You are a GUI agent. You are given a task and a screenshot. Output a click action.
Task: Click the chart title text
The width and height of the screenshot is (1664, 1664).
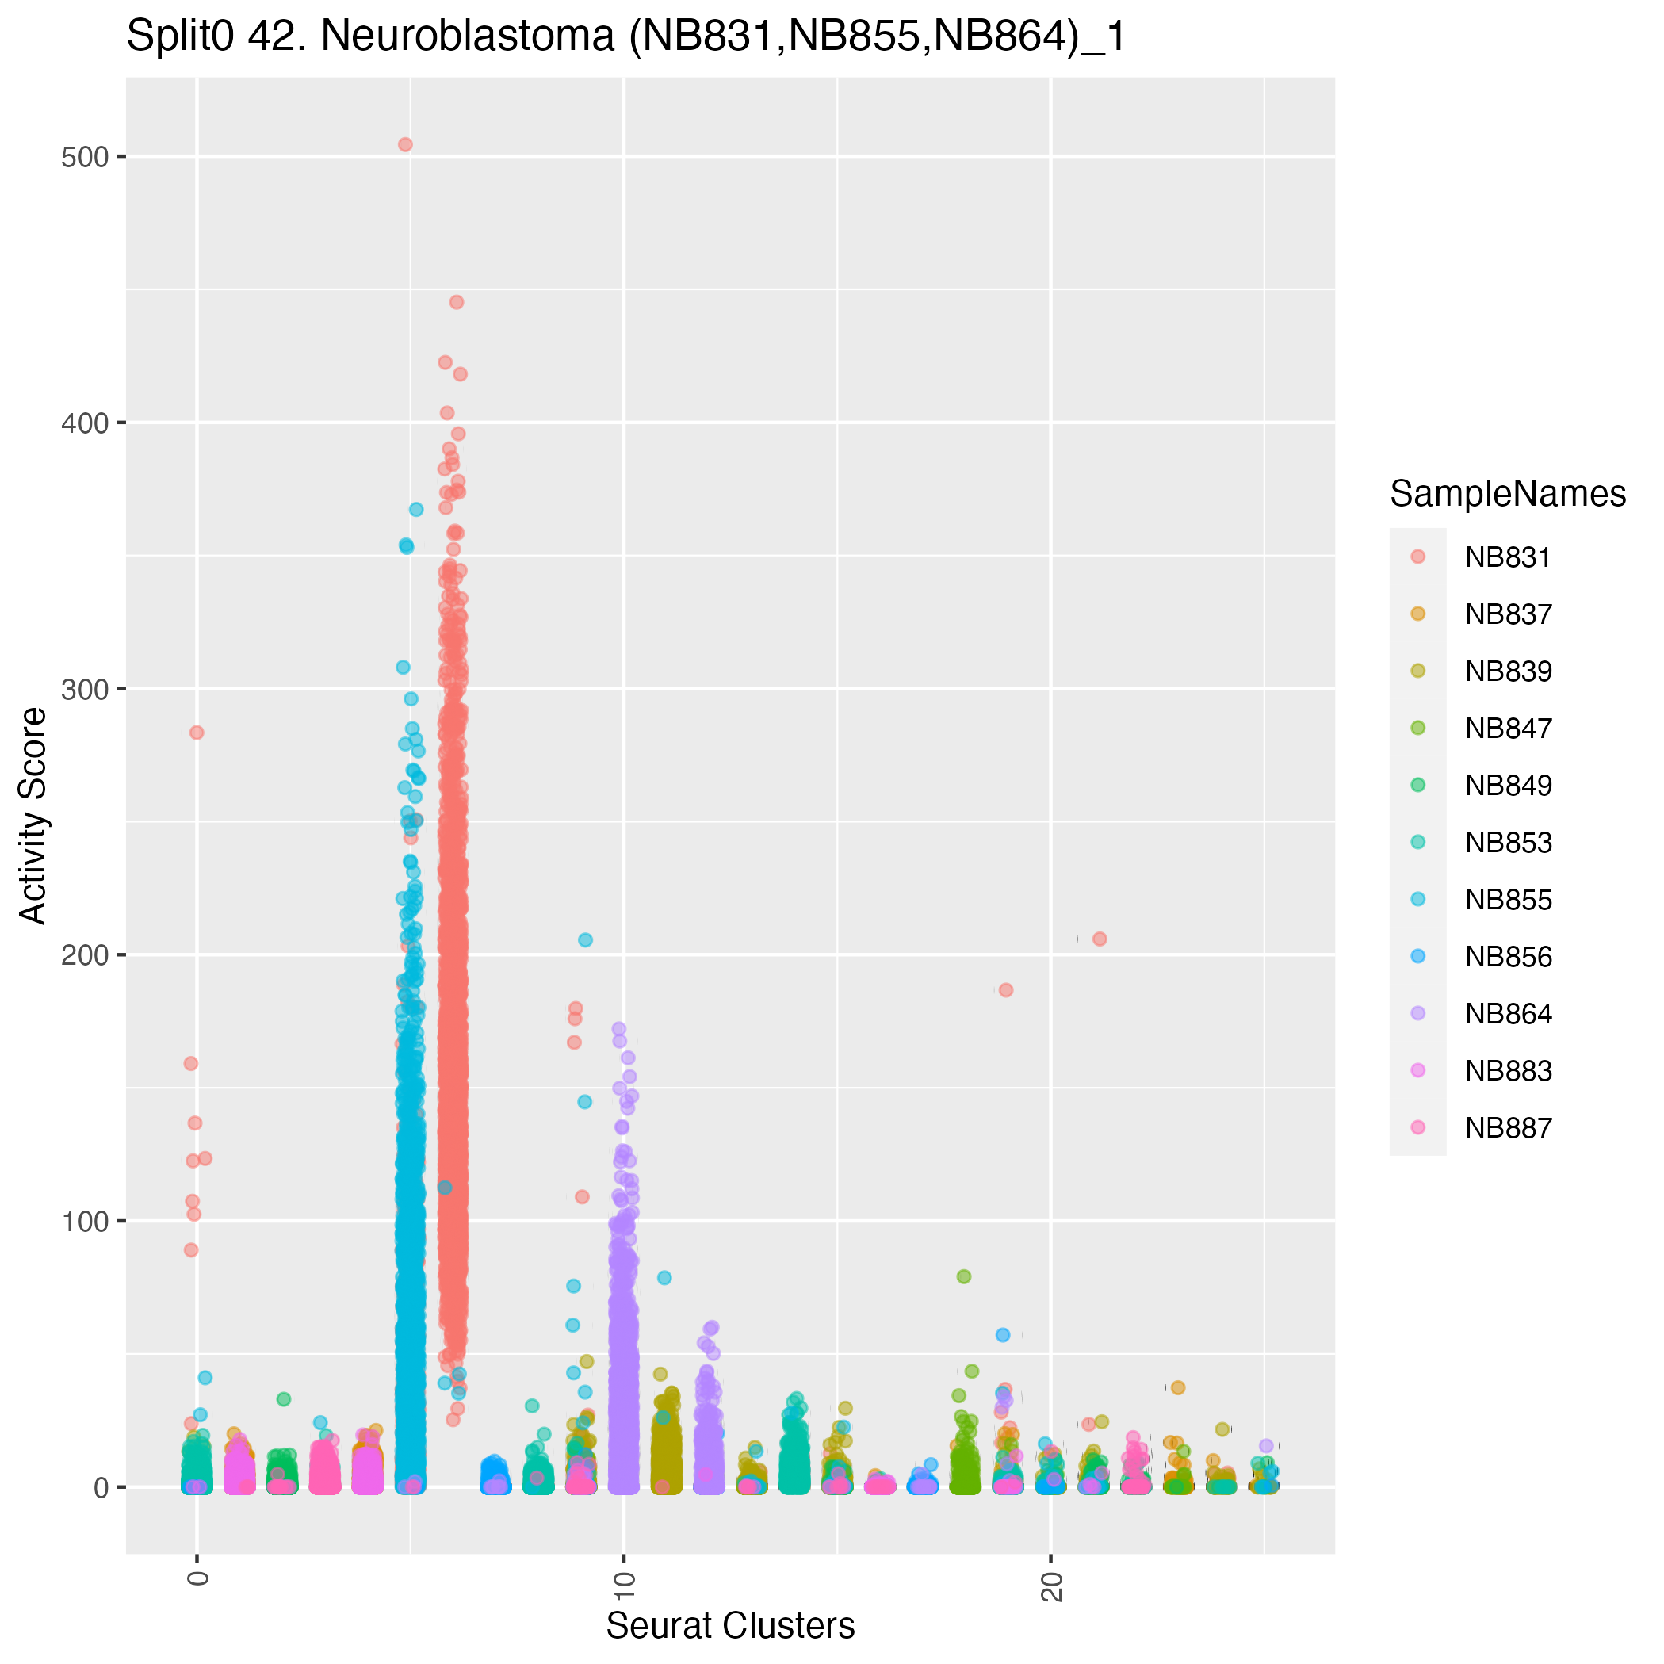tap(626, 38)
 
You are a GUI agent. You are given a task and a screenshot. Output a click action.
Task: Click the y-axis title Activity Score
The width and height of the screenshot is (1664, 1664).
tap(33, 815)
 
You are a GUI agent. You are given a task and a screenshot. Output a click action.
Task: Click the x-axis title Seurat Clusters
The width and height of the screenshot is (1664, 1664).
tap(730, 1625)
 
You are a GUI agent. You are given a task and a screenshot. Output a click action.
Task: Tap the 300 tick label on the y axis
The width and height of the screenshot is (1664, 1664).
tap(83, 689)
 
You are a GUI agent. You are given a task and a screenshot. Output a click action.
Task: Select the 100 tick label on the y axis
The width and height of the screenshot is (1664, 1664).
tap(83, 1222)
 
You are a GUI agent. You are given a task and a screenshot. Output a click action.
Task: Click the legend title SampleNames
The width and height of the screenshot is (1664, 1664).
tap(1507, 494)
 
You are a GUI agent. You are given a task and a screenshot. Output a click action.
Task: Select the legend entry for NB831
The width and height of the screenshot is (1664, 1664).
tap(1507, 557)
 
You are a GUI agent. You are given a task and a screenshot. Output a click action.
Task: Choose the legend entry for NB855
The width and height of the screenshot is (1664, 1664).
tap(1507, 900)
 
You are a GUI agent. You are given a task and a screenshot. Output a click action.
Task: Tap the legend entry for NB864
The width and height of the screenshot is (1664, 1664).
tap(1507, 1014)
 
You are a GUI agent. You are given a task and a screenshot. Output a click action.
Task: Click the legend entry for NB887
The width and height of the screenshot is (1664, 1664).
tap(1507, 1128)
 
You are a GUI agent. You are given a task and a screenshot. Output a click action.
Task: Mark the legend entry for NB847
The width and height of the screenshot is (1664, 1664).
tap(1507, 729)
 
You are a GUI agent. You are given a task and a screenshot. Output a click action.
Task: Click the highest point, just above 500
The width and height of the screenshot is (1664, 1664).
tap(405, 145)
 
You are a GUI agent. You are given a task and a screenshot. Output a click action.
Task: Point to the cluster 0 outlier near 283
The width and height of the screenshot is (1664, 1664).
tap(197, 732)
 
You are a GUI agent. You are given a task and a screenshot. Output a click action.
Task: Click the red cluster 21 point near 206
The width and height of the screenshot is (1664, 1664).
tap(1099, 939)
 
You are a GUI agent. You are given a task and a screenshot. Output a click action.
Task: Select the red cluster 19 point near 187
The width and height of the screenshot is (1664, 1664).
tap(1005, 989)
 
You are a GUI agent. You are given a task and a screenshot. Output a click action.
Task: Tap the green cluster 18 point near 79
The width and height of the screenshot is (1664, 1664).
tap(964, 1276)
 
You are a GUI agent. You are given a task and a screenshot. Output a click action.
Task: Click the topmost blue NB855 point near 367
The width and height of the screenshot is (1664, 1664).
tap(416, 509)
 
